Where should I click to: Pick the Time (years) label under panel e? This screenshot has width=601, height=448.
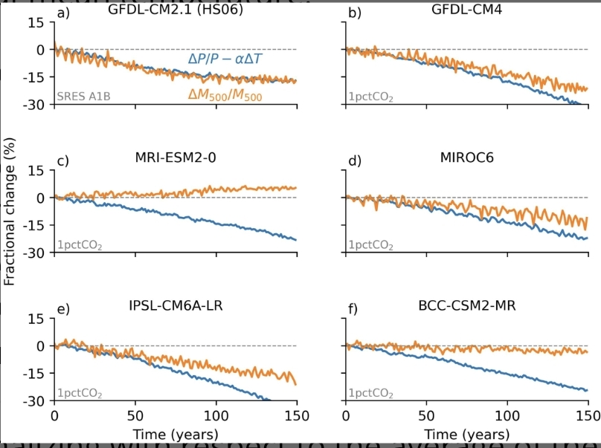pos(175,433)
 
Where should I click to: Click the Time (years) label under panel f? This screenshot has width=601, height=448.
pos(467,433)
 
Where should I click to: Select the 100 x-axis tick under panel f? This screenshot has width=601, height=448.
pos(508,415)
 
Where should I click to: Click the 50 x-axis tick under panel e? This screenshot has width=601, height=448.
pos(135,415)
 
